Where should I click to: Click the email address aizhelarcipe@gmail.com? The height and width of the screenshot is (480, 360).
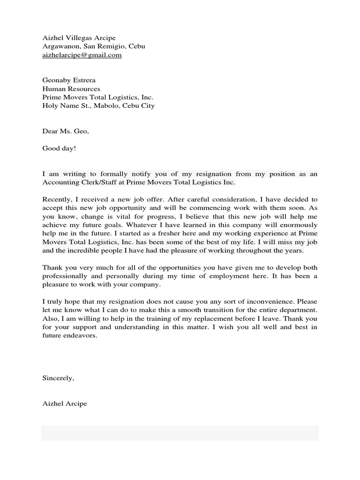pos(82,55)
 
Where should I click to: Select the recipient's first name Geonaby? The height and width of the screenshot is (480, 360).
pos(55,80)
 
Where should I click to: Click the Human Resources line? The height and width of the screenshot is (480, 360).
pos(71,89)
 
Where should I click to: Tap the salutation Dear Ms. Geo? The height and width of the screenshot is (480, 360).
pos(66,131)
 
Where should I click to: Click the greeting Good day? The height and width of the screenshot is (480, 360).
pos(59,148)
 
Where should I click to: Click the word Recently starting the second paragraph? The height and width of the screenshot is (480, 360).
pos(57,200)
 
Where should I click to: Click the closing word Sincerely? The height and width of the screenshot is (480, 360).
pos(58,378)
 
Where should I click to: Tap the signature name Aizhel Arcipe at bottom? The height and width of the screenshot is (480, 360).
pos(65,404)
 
